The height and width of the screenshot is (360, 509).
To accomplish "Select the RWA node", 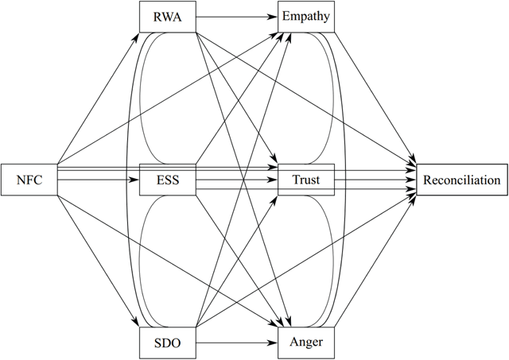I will pos(167,17).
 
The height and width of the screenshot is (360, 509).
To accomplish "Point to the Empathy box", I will pos(306,17).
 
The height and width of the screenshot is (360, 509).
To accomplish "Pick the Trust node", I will pos(306,180).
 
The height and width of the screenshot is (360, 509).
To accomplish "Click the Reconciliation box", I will pos(461,180).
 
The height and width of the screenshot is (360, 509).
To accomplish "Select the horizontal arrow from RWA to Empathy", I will pos(236,17).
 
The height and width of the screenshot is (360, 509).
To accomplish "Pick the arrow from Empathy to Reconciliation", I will pos(374,95).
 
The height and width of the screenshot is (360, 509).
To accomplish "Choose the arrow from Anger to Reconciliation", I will pos(374,262).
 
